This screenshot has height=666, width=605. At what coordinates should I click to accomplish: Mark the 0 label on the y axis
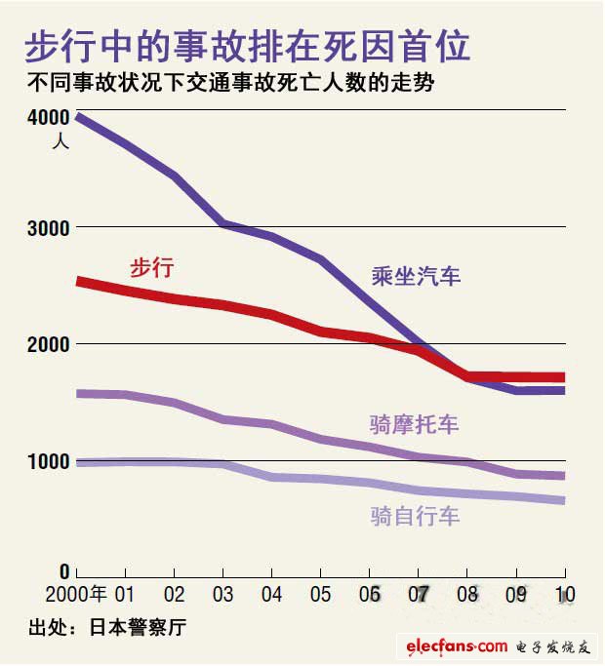click(64, 571)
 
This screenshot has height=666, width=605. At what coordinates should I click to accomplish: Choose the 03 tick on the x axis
click(223, 594)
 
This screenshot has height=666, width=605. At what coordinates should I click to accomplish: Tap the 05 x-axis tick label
click(321, 594)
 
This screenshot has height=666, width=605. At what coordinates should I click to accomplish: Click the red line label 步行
click(151, 267)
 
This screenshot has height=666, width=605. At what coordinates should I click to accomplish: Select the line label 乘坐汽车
click(416, 276)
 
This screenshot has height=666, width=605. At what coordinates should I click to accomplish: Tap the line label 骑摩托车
click(414, 424)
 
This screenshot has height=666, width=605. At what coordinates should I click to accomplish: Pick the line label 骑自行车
click(415, 516)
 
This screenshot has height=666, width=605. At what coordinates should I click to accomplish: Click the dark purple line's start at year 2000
click(78, 117)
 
